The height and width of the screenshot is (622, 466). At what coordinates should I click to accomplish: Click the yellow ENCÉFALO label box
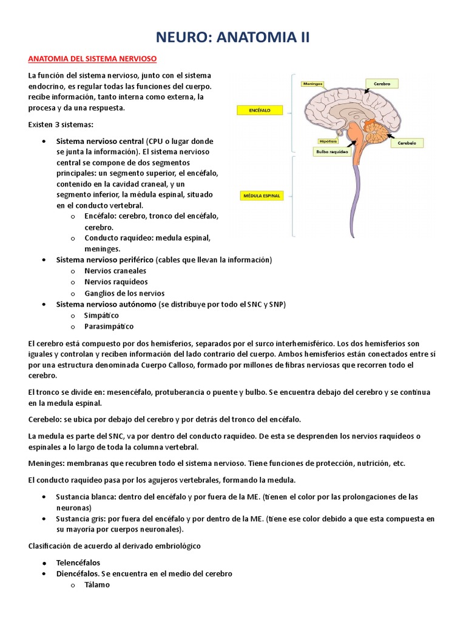point(258,111)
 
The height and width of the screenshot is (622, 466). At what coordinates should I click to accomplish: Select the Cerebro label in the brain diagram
point(382,83)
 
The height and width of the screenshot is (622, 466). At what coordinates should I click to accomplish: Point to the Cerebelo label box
point(407,143)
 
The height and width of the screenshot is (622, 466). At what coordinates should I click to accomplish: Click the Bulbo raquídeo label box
point(332,152)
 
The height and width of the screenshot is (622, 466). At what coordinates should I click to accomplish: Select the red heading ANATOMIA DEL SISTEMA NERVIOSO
point(93,59)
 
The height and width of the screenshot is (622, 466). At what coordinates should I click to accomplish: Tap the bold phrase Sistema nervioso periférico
point(104,260)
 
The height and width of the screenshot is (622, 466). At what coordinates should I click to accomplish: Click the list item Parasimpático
point(109,326)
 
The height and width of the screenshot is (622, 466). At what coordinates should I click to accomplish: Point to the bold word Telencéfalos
point(78,562)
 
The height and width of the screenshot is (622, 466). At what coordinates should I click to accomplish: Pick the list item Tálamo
point(97,584)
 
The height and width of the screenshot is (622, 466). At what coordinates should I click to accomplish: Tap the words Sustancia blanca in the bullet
point(85,496)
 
